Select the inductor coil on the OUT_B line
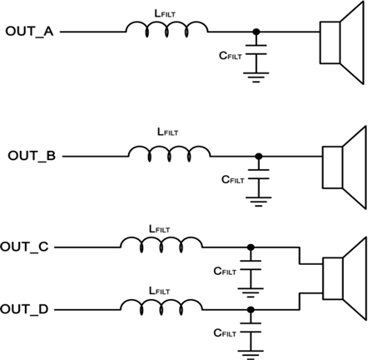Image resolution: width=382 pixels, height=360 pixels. point(168,152)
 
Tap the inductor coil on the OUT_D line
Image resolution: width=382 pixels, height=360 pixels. point(161,305)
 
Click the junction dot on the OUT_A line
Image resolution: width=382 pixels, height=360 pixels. point(257,32)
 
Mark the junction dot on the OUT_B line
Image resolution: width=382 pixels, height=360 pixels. point(260,156)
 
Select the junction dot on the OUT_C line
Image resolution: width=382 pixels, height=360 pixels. point(251,247)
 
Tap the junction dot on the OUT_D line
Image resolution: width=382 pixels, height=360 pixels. point(251,309)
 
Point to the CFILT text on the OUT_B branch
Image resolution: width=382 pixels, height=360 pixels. point(234,179)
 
